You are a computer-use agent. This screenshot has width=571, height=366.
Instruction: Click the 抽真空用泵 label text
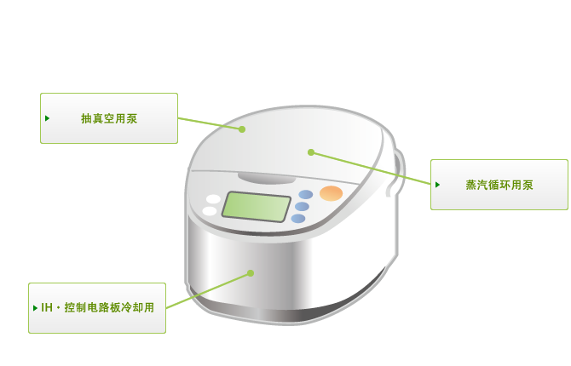coord(109,118)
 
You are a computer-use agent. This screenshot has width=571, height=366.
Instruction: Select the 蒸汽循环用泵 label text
coord(499,185)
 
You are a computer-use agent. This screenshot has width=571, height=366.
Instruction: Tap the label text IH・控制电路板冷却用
coord(98,307)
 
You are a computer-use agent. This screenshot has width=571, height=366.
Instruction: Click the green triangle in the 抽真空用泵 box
coord(47,118)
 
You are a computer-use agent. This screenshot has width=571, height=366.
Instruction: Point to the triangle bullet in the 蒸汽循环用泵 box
coord(437,185)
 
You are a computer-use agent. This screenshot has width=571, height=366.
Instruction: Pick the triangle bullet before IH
coord(35,308)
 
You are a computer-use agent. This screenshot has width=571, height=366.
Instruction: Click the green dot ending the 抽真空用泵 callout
coord(242,129)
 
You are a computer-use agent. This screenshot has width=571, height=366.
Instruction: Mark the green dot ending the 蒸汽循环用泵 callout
coord(311,152)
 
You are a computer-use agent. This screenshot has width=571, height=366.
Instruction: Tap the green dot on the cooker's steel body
coord(251,273)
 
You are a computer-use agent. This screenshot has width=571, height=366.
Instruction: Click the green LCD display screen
coord(257,206)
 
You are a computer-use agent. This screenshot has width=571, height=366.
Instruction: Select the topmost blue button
coord(306,194)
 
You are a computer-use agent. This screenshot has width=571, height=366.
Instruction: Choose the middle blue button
coord(302,207)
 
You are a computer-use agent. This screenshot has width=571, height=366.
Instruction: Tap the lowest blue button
coord(298,219)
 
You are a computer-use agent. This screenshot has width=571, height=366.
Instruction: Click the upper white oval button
coord(213,199)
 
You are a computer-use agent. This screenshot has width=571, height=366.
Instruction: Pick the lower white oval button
coord(210,211)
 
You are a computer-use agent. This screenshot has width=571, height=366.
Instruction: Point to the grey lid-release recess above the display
coord(266,179)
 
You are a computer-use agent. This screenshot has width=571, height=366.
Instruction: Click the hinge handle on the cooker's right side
coord(398,174)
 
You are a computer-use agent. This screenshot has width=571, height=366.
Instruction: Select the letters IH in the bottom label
coord(47,308)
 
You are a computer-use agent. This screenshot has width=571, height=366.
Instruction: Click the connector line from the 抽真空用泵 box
coord(210,123)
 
